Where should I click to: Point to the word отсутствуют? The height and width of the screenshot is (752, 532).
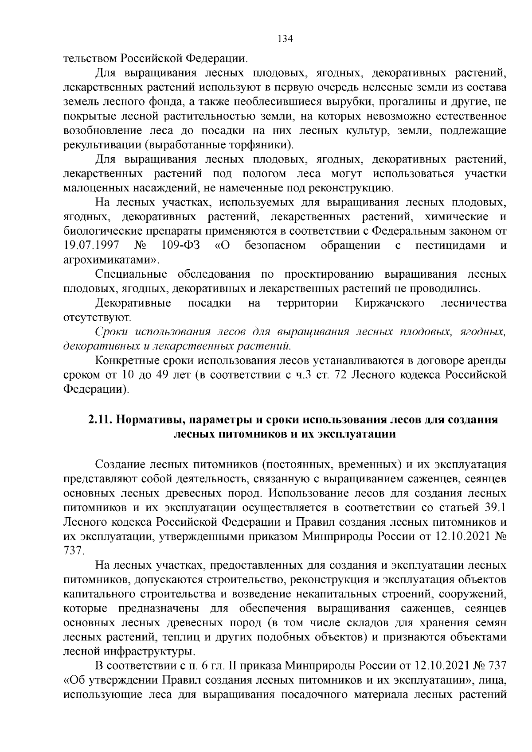97,318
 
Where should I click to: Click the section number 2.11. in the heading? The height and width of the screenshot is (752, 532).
100,419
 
